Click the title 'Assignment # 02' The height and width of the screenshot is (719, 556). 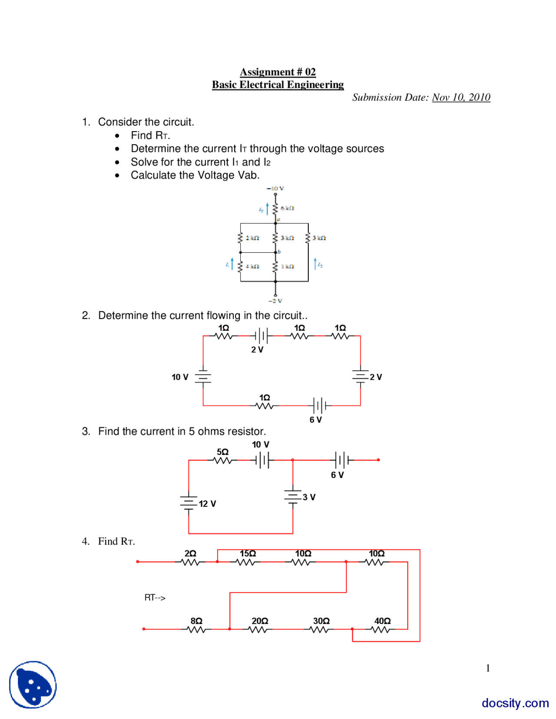click(x=278, y=72)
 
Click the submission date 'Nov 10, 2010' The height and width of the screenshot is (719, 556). click(x=461, y=97)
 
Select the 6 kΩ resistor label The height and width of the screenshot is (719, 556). click(x=287, y=208)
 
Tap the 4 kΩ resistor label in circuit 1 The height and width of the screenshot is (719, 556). click(x=252, y=266)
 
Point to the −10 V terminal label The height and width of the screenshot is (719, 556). click(x=275, y=188)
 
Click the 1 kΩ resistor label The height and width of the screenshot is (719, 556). click(x=288, y=266)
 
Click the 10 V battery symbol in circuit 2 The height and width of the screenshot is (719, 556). click(x=203, y=377)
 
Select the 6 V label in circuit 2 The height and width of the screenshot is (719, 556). click(x=315, y=420)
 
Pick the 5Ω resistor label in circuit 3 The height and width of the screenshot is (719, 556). click(x=222, y=452)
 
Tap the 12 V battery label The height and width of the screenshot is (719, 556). click(x=207, y=504)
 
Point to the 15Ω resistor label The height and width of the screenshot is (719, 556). click(x=248, y=554)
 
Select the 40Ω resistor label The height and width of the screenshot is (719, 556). click(x=382, y=621)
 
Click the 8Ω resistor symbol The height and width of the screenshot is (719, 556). click(x=196, y=629)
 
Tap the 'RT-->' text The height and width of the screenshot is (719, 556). click(x=155, y=598)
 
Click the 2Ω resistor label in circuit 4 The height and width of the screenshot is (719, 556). click(x=190, y=554)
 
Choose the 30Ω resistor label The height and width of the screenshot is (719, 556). click(x=321, y=621)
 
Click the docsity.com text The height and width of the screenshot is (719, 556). click(x=515, y=703)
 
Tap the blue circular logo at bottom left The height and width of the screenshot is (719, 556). click(x=33, y=685)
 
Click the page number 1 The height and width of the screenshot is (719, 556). click(x=488, y=668)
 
